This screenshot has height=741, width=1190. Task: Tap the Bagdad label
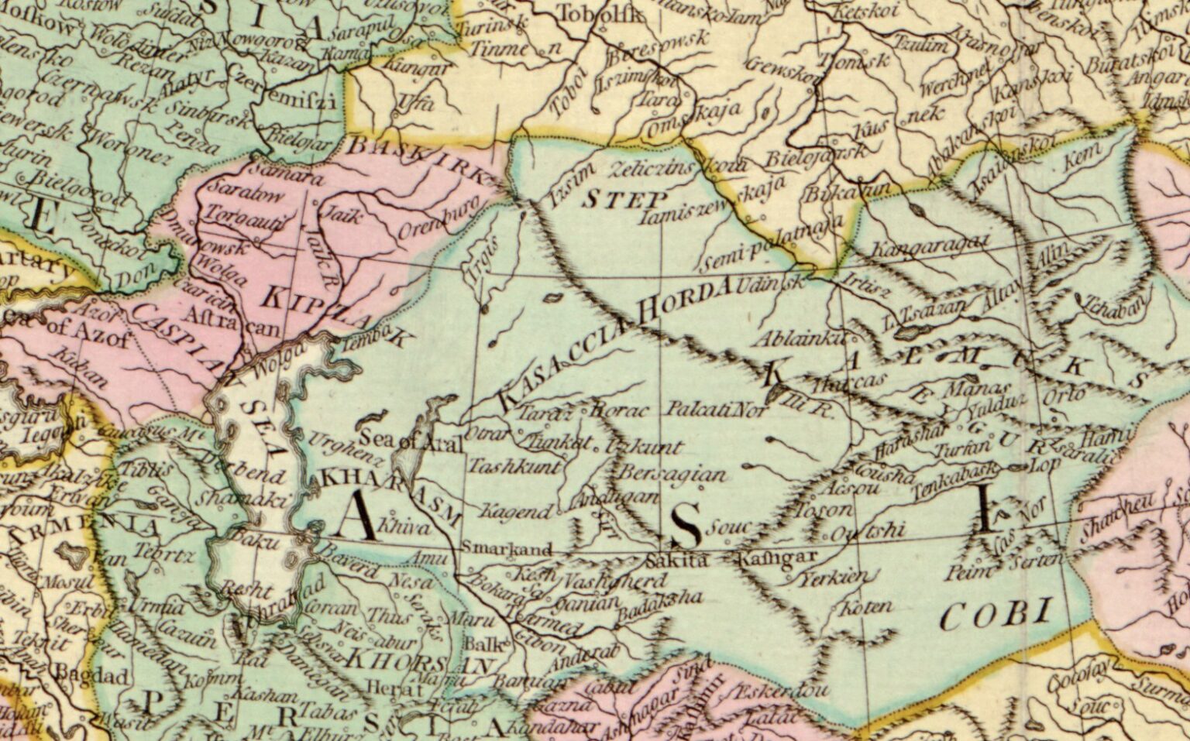point(96,677)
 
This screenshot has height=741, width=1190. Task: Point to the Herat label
point(384,688)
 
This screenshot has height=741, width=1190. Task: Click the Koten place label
point(866,605)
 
